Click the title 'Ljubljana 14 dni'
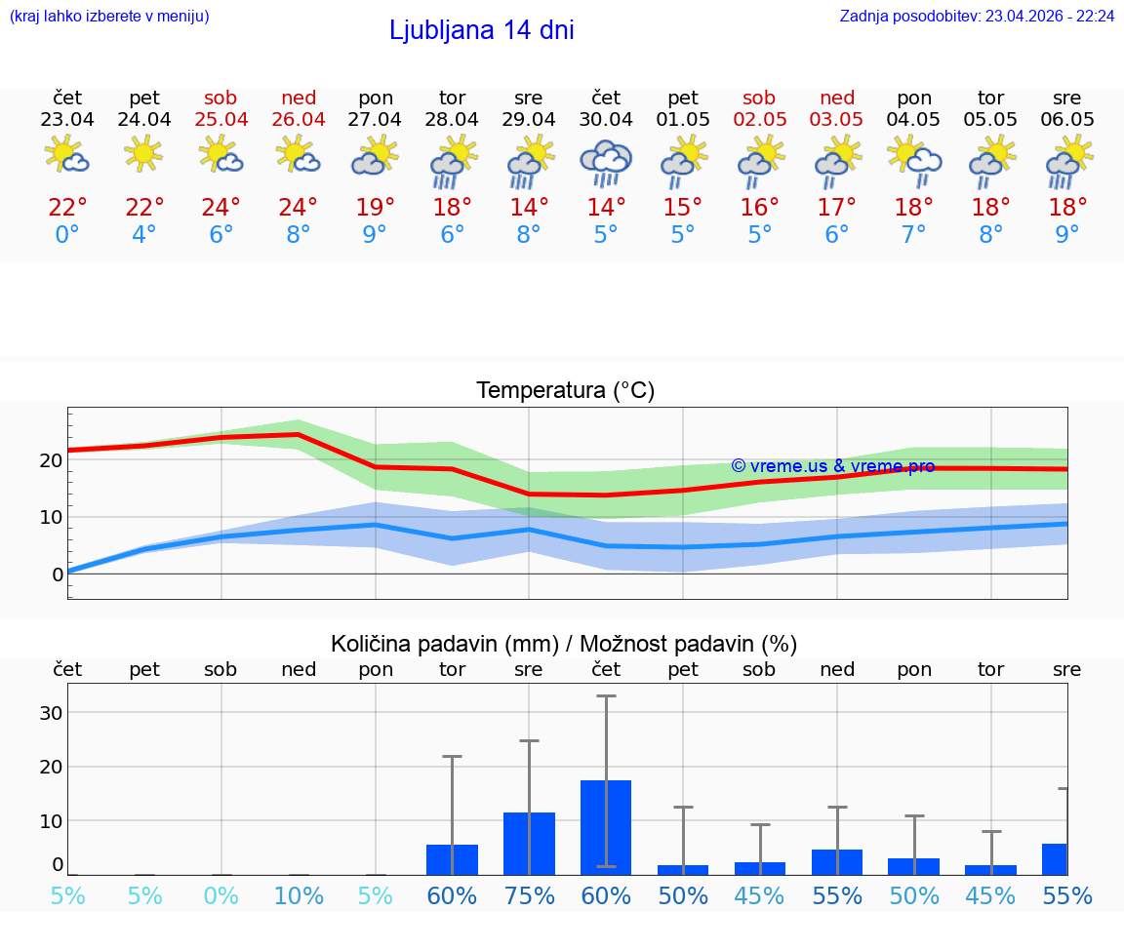click(x=481, y=30)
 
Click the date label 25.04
click(x=221, y=119)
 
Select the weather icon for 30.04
click(x=605, y=163)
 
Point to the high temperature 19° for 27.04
click(x=376, y=208)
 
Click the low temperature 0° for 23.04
click(x=67, y=235)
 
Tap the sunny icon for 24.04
click(x=144, y=153)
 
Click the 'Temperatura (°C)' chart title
click(x=565, y=390)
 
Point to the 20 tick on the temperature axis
click(x=51, y=460)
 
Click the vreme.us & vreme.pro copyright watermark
click(x=832, y=466)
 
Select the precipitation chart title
click(x=564, y=644)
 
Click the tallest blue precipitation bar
click(x=605, y=827)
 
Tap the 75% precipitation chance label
click(x=529, y=895)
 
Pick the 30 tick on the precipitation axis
click(x=51, y=713)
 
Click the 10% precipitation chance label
click(x=299, y=895)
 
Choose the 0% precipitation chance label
click(x=221, y=895)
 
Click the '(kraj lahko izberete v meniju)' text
click(x=109, y=16)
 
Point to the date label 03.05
click(x=836, y=119)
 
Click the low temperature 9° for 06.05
click(x=1067, y=235)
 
